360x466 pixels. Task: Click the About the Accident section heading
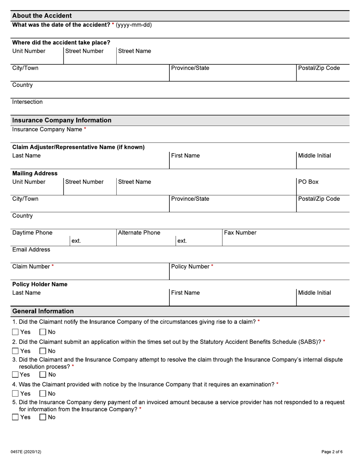[42, 16]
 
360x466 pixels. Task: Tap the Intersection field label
[27, 102]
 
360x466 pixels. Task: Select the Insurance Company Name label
[47, 130]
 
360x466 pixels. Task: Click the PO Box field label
[308, 182]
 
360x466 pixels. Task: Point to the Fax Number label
[240, 233]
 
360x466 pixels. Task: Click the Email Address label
[31, 250]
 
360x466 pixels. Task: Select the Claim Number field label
[31, 267]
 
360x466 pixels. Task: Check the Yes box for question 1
[16, 332]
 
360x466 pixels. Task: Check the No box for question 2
[43, 351]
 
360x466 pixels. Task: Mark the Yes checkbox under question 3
[16, 375]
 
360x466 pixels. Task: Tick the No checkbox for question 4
[43, 394]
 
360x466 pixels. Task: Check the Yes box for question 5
[16, 417]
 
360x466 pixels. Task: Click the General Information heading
[43, 311]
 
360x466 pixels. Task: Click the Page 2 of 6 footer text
[332, 452]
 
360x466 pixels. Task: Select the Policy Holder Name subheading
[40, 284]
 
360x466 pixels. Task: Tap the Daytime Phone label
[32, 233]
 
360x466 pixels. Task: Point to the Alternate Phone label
[139, 233]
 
